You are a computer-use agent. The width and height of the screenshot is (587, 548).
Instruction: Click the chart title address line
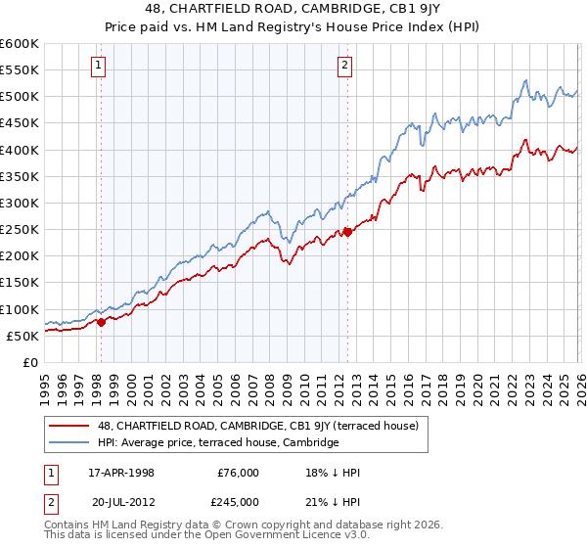293,9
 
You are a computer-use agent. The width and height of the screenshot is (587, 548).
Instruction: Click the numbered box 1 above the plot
100,67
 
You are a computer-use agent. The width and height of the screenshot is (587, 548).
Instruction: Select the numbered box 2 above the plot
345,67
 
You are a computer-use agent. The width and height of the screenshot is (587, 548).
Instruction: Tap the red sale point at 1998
101,322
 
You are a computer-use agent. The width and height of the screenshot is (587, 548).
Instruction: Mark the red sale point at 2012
347,232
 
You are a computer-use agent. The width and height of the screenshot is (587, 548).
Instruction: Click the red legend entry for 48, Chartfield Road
257,426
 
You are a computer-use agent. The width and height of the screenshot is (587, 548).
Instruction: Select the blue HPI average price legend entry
217,442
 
